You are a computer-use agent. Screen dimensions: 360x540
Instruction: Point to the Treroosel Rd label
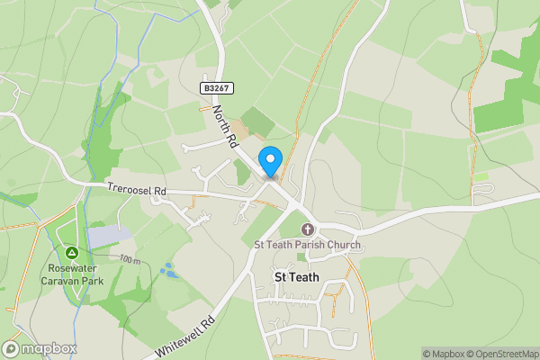[x=137, y=191]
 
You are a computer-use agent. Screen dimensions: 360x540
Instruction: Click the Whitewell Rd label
[x=185, y=335]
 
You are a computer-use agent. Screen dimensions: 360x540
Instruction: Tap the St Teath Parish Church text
[x=307, y=245]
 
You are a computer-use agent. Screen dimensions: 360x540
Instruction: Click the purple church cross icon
[x=307, y=229]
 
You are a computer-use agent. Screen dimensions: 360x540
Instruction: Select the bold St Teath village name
[x=298, y=278]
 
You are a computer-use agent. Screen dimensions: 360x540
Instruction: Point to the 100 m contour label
[x=130, y=259]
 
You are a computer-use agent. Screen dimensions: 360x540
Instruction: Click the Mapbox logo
[x=40, y=348]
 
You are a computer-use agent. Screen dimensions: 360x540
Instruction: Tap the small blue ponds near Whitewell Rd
[x=167, y=269]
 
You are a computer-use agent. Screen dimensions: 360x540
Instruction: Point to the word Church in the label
[x=343, y=245]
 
